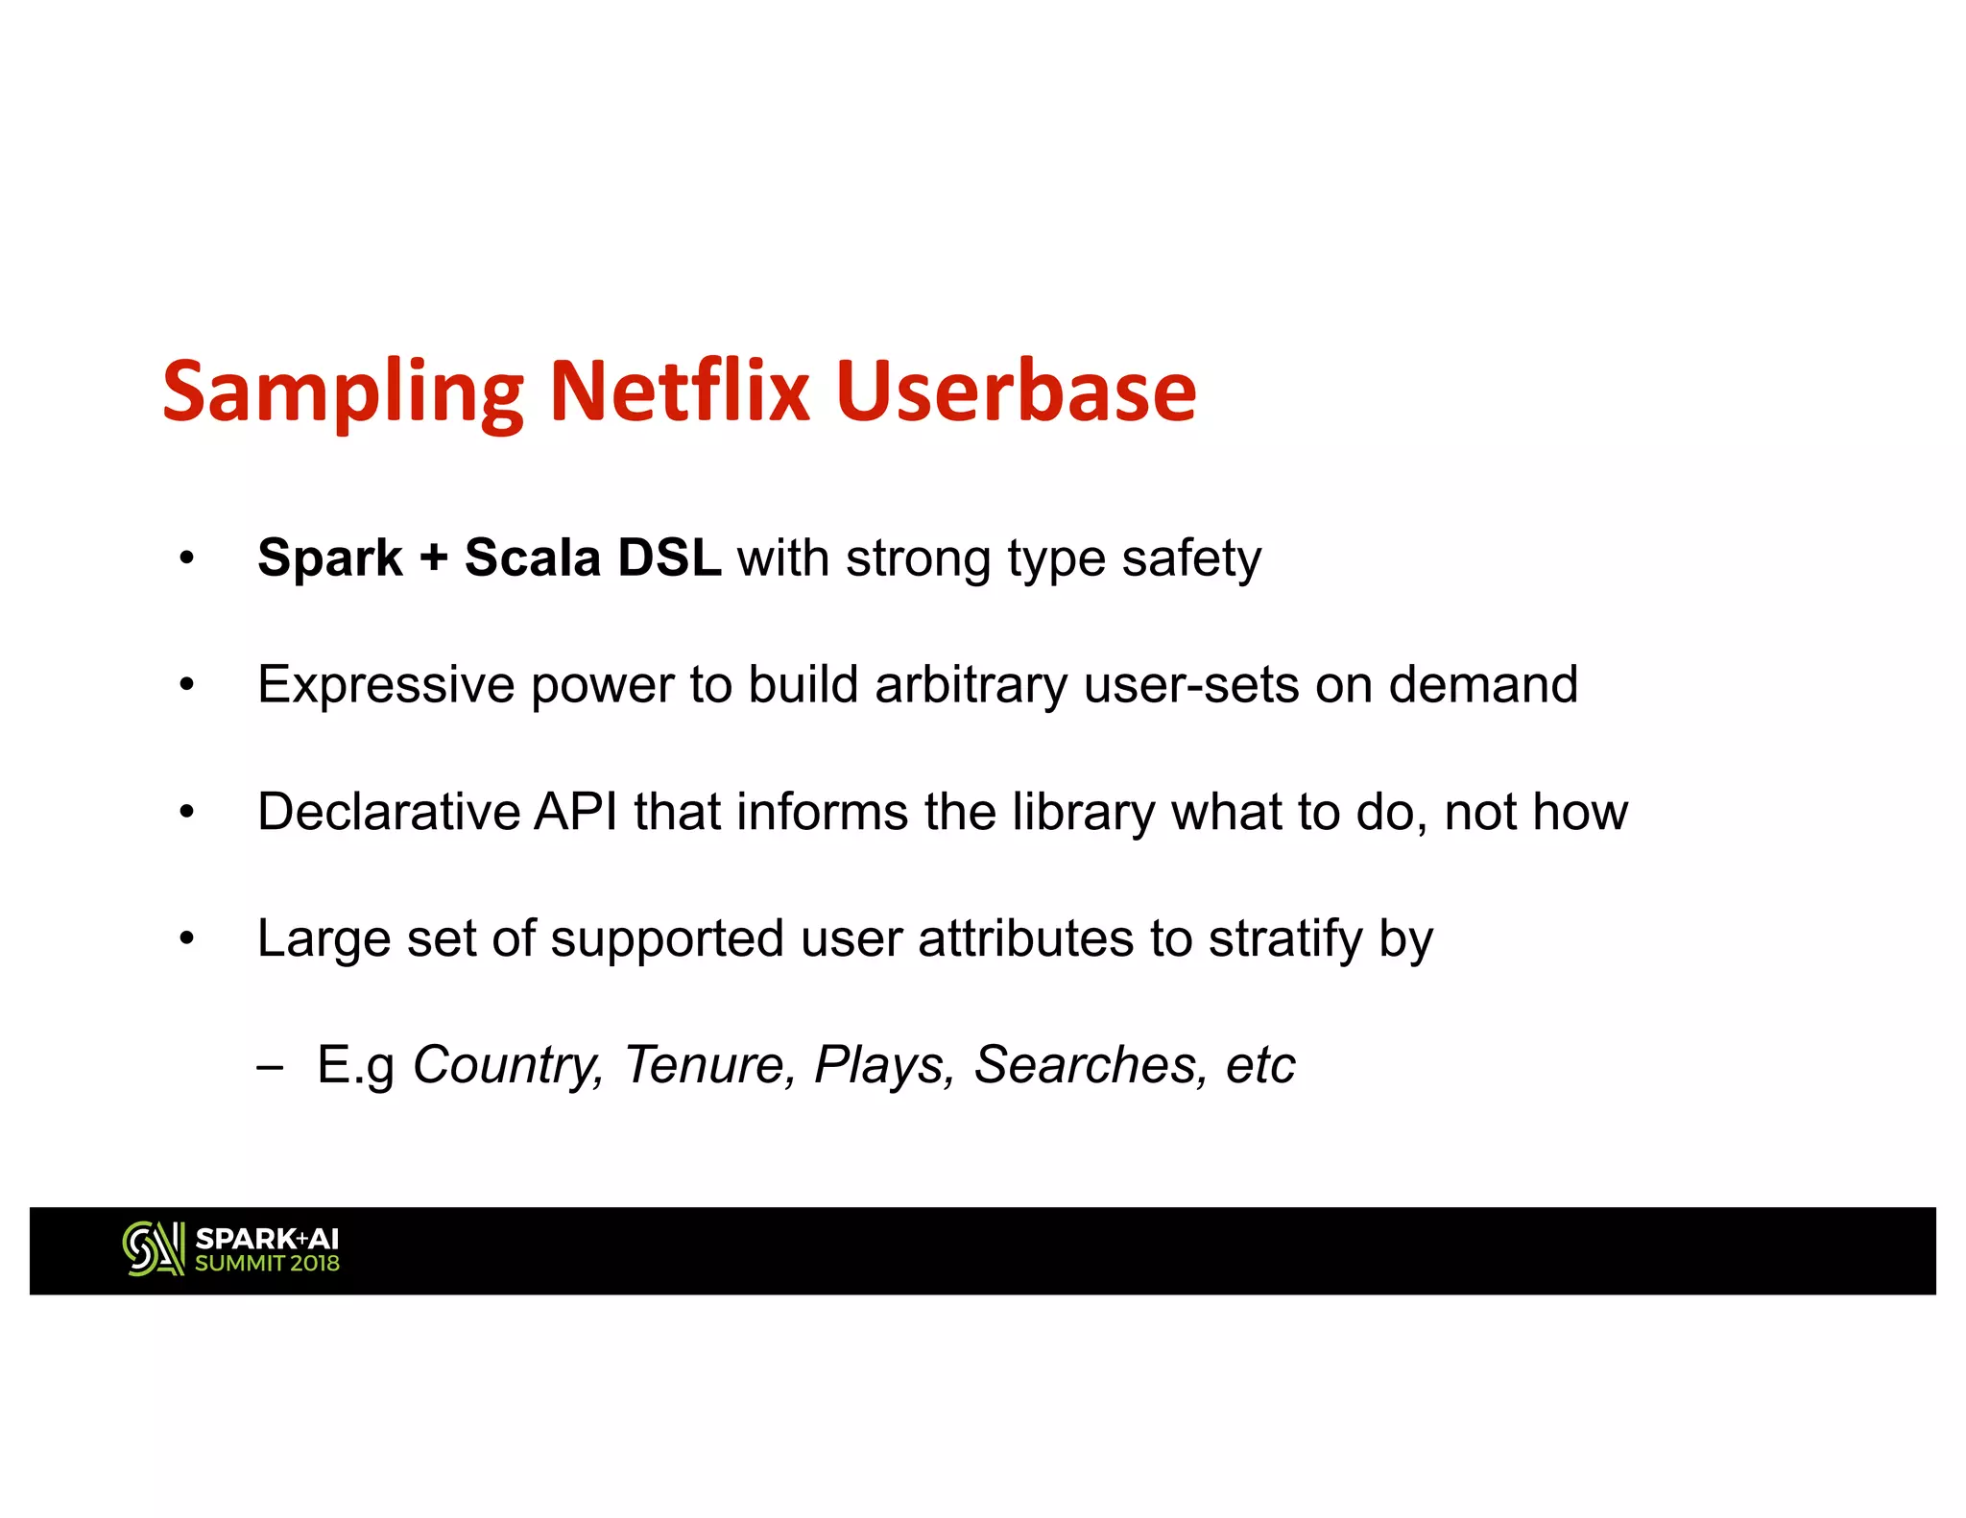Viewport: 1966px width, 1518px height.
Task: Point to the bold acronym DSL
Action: (x=669, y=557)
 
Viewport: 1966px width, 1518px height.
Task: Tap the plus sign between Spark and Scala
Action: (x=433, y=558)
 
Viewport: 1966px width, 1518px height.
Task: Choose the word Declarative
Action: (x=388, y=812)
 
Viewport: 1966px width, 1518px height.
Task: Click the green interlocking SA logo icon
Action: (x=154, y=1248)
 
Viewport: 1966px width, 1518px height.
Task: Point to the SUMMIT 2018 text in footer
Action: (x=267, y=1264)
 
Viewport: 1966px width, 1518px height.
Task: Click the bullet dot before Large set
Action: (x=186, y=938)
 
